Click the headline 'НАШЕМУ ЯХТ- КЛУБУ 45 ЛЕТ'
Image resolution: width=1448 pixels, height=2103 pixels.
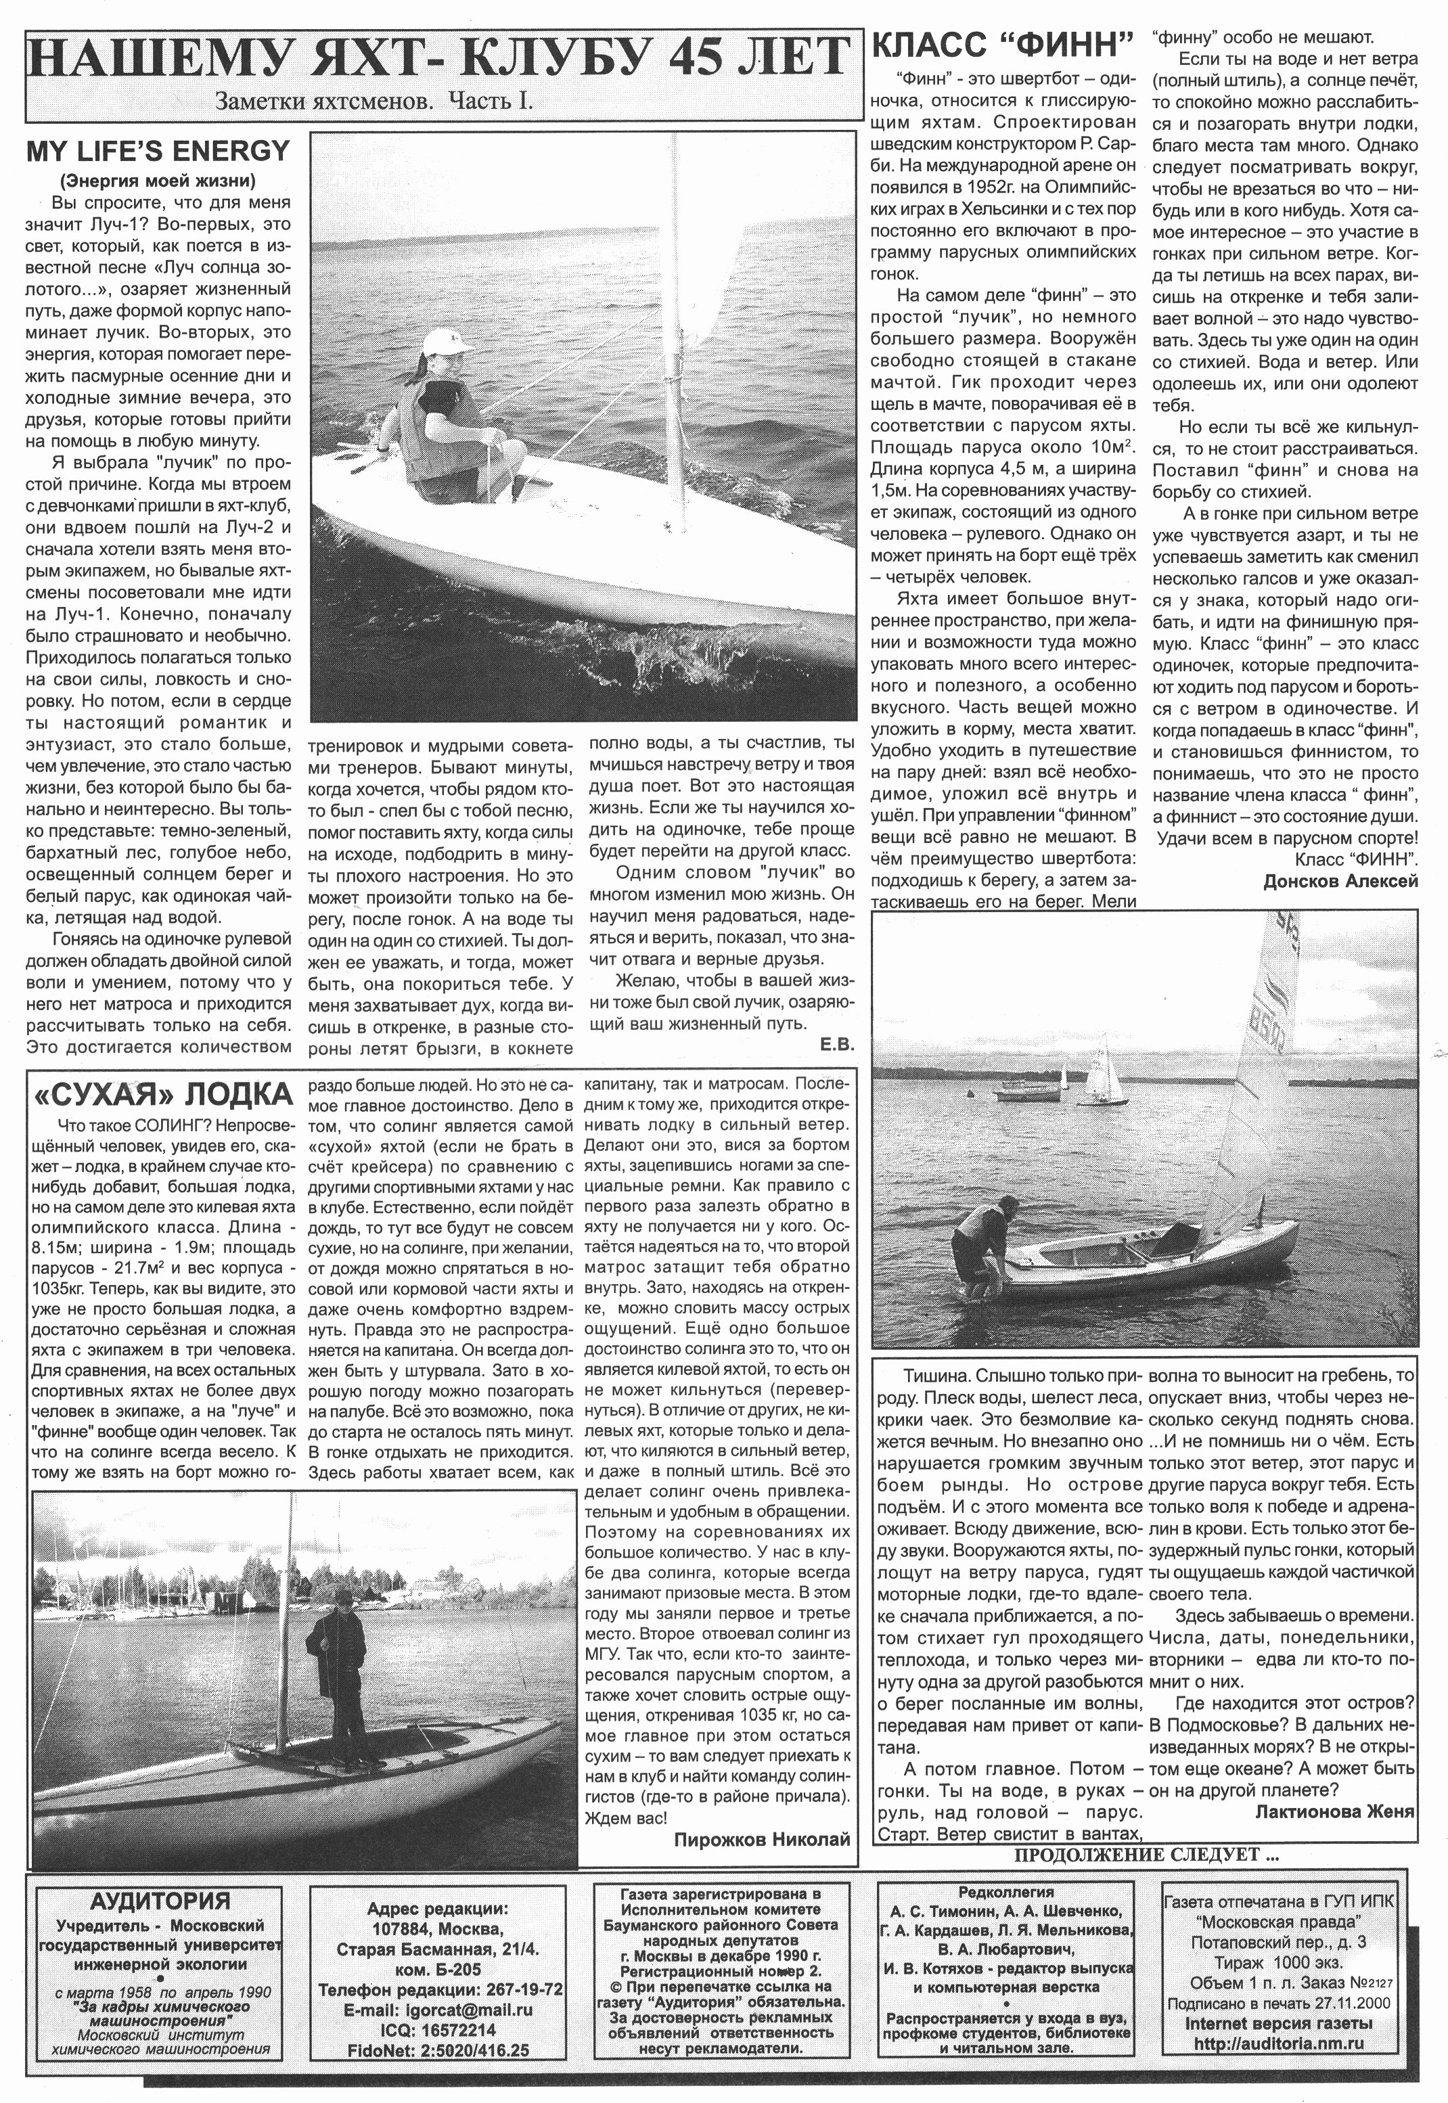(443, 61)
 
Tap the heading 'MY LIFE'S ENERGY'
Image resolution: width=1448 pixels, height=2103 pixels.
(158, 151)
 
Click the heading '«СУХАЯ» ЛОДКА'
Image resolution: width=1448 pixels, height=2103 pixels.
(162, 1095)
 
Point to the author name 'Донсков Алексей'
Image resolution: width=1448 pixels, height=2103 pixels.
(1340, 881)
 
